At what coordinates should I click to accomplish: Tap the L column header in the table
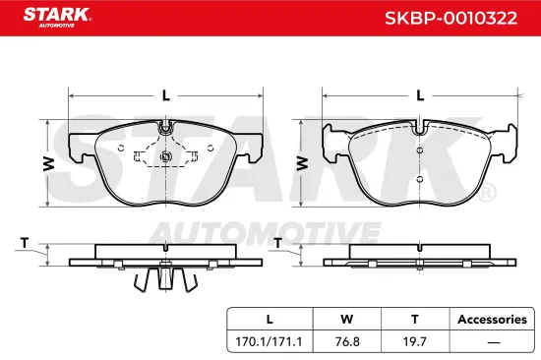click(270, 319)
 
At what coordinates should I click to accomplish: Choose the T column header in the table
click(414, 319)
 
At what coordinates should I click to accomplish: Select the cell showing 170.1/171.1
click(270, 343)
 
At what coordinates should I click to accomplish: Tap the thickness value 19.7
click(414, 343)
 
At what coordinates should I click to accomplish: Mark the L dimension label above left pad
click(165, 95)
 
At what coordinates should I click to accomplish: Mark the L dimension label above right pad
click(420, 95)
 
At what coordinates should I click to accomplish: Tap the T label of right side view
click(278, 241)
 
